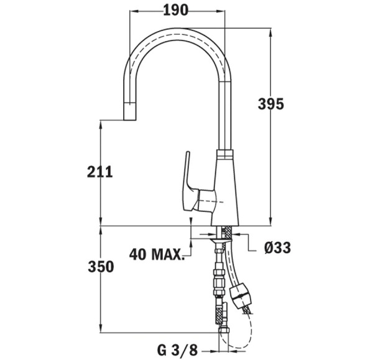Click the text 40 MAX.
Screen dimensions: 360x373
[x=157, y=254]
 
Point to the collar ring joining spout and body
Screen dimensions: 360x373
[x=224, y=154]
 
